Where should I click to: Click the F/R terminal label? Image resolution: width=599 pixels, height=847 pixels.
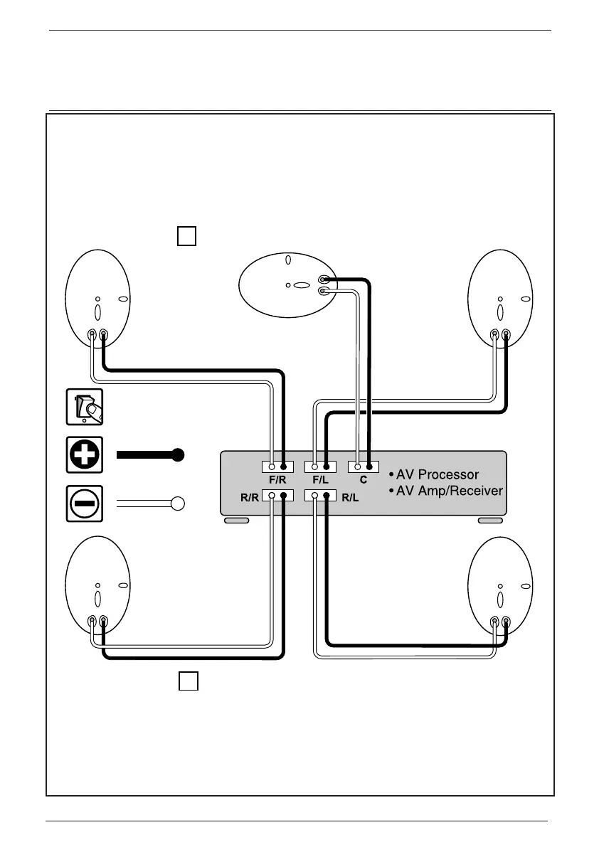coord(277,480)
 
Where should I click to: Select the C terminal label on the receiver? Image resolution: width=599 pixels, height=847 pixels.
coord(363,480)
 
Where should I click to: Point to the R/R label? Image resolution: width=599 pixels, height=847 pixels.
coord(248,498)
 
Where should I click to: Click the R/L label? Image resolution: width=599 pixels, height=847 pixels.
coord(351,498)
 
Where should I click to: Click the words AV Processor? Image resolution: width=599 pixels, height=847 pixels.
coord(438,474)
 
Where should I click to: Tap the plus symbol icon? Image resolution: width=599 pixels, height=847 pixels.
coord(85,454)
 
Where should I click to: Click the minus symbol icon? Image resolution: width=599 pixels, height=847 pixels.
coord(85,504)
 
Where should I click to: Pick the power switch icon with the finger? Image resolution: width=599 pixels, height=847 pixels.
coord(85,407)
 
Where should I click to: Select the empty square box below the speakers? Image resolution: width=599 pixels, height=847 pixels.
coord(187,681)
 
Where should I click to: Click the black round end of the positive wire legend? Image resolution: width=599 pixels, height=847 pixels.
coord(179,454)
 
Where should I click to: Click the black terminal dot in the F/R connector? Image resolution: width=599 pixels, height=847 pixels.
coord(283,467)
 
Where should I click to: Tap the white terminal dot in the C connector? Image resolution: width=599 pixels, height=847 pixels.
coord(357,467)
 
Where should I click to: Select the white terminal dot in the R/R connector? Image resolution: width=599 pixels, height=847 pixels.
coord(272,496)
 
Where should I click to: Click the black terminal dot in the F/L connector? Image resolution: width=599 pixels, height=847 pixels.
coord(326,467)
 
